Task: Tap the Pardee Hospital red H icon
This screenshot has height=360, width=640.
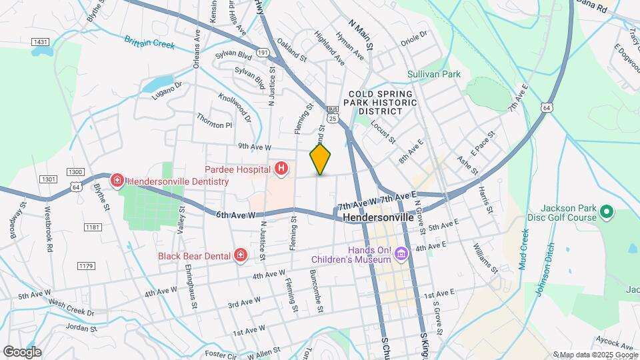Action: click(282, 169)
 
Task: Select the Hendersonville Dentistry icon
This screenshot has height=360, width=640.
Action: click(117, 181)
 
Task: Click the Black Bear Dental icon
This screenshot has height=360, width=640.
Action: click(240, 255)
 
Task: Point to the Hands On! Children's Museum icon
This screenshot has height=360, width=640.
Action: click(401, 253)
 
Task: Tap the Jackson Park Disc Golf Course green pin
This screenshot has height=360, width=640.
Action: click(607, 213)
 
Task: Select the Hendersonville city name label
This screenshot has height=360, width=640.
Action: click(379, 217)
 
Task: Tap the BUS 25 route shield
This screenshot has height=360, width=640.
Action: click(333, 114)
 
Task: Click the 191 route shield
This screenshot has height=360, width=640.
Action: click(262, 52)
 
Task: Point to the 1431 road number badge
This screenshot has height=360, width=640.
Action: click(40, 42)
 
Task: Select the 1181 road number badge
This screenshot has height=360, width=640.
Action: click(93, 228)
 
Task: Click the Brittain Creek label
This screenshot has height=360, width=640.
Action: click(149, 43)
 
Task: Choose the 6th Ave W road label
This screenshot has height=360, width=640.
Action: click(236, 215)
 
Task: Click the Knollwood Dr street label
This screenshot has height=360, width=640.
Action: click(238, 107)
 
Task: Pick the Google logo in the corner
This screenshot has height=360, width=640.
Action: click(22, 352)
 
